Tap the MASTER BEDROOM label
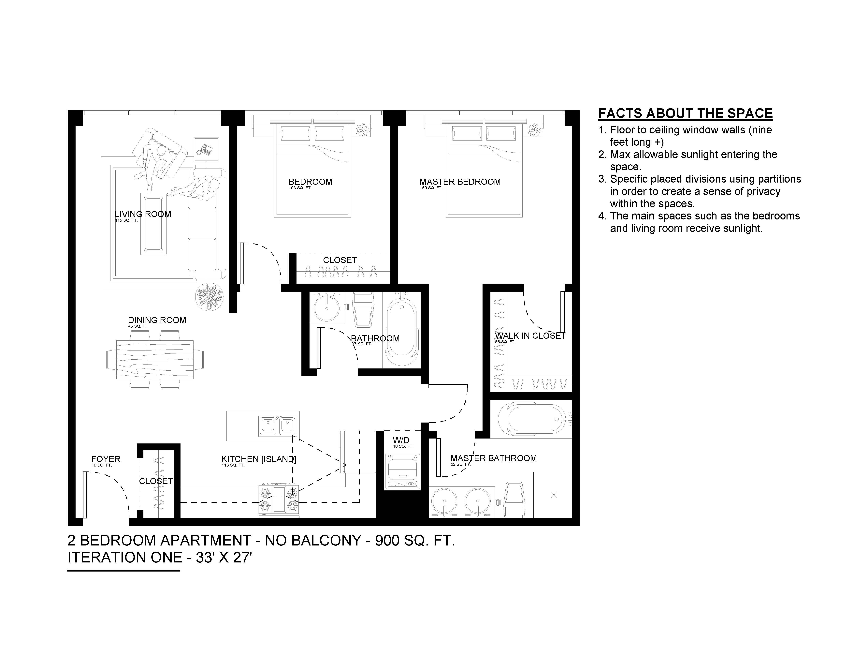pyautogui.click(x=460, y=182)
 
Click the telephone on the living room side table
pyautogui.click(x=206, y=149)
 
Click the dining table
pyautogui.click(x=155, y=360)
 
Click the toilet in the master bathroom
pyautogui.click(x=515, y=500)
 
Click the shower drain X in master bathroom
pyautogui.click(x=554, y=495)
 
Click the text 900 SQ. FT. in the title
pyautogui.click(x=415, y=541)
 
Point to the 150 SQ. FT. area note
pyautogui.click(x=431, y=188)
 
